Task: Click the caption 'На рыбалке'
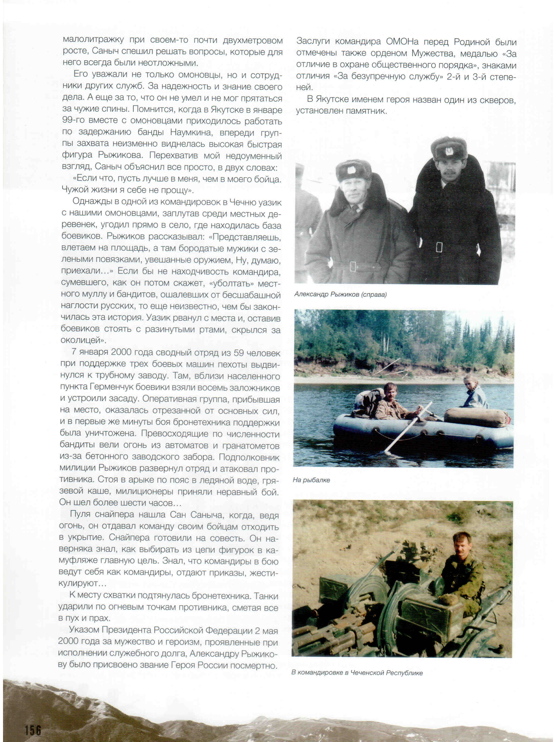point(311,480)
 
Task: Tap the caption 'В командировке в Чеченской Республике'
point(357,673)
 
